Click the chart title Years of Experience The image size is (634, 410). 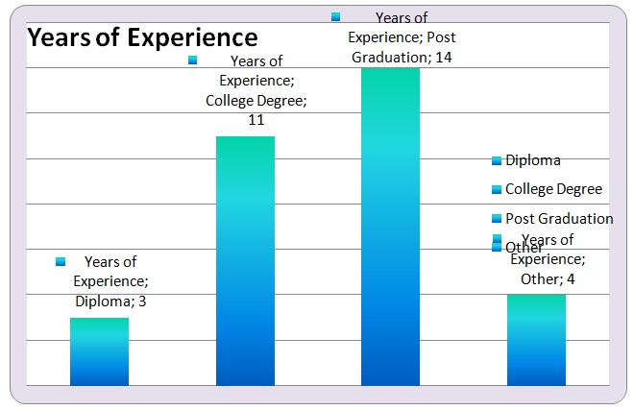pyautogui.click(x=142, y=38)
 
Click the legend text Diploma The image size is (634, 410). pyautogui.click(x=532, y=160)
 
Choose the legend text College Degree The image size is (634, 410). pyautogui.click(x=553, y=189)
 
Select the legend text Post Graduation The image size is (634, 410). pyautogui.click(x=559, y=218)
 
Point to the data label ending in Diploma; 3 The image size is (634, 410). pyautogui.click(x=110, y=281)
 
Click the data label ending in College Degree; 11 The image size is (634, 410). pyautogui.click(x=256, y=90)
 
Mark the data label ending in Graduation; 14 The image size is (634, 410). pyautogui.click(x=401, y=38)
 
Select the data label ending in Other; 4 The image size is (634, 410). pyautogui.click(x=548, y=259)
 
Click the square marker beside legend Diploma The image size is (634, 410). pyautogui.click(x=497, y=160)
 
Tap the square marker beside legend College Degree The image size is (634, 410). pyautogui.click(x=497, y=189)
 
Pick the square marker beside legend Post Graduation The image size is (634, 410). pyautogui.click(x=497, y=218)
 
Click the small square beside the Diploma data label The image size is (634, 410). pyautogui.click(x=61, y=261)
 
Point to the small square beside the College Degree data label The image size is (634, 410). pyautogui.click(x=192, y=60)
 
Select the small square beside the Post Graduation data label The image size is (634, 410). pyautogui.click(x=335, y=16)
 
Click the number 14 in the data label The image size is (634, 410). pyautogui.click(x=443, y=58)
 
